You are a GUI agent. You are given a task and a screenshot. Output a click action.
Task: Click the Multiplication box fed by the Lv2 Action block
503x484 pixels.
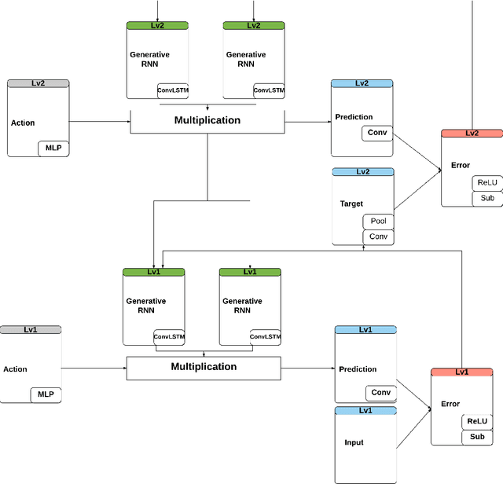[x=207, y=121]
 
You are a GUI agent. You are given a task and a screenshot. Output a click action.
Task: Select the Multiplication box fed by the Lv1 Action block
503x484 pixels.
[x=204, y=367]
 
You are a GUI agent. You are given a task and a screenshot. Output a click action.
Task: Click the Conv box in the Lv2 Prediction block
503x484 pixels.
[x=377, y=133]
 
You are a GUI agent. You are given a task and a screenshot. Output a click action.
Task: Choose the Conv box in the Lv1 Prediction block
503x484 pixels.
[x=380, y=393]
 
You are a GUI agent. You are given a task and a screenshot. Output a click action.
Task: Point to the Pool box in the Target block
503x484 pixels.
[x=378, y=222]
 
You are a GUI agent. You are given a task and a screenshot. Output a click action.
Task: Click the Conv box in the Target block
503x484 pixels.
[x=378, y=237]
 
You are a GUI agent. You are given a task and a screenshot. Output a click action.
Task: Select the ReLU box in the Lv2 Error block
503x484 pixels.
[x=487, y=183]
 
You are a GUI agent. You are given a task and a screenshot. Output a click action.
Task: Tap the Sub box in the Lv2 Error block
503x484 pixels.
[x=487, y=198]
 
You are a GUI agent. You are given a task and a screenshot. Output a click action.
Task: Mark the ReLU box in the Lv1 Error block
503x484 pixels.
[x=476, y=422]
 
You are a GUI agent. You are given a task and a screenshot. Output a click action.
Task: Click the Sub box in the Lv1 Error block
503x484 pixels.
[x=476, y=436]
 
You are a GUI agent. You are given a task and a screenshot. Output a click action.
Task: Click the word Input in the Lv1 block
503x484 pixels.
[x=354, y=442]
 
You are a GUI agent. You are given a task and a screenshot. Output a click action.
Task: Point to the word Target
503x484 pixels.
[x=351, y=203]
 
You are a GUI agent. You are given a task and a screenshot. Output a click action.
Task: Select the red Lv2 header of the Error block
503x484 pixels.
[x=472, y=134]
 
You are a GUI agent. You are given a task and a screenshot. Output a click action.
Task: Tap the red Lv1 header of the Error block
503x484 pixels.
[x=461, y=372]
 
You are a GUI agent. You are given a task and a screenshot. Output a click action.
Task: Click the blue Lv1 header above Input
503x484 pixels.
[x=365, y=410]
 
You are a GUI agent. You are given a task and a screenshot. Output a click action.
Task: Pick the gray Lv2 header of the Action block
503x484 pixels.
[x=38, y=82]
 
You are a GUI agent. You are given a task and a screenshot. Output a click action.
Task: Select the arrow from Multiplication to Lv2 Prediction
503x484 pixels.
[x=307, y=122]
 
